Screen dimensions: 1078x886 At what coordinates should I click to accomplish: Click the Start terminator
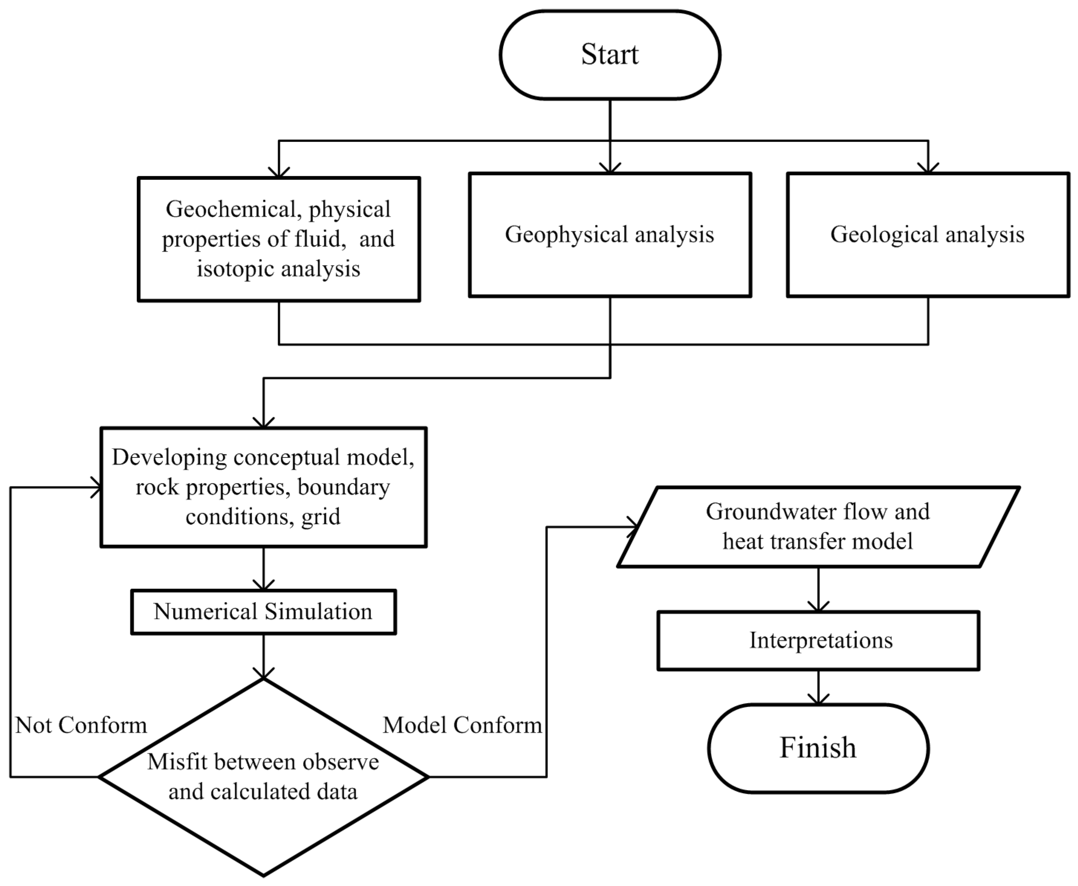[x=610, y=55]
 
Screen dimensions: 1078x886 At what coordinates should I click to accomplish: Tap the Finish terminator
[x=818, y=748]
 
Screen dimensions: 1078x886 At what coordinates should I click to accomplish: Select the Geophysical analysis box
[x=610, y=235]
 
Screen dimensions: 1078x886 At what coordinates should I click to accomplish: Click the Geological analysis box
[x=928, y=235]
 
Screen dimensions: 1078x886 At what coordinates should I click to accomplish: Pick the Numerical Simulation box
[x=263, y=612]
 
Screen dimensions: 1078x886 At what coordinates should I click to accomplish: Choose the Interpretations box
[x=818, y=640]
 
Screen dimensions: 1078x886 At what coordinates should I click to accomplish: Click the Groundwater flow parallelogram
[x=818, y=527]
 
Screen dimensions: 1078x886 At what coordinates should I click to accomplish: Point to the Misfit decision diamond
[x=263, y=777]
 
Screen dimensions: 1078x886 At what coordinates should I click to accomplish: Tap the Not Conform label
[x=81, y=725]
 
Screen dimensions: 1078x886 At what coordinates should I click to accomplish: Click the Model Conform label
[x=462, y=725]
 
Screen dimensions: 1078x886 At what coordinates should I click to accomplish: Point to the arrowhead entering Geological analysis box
[x=928, y=168]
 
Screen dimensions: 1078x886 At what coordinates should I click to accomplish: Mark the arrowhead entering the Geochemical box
[x=279, y=172]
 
